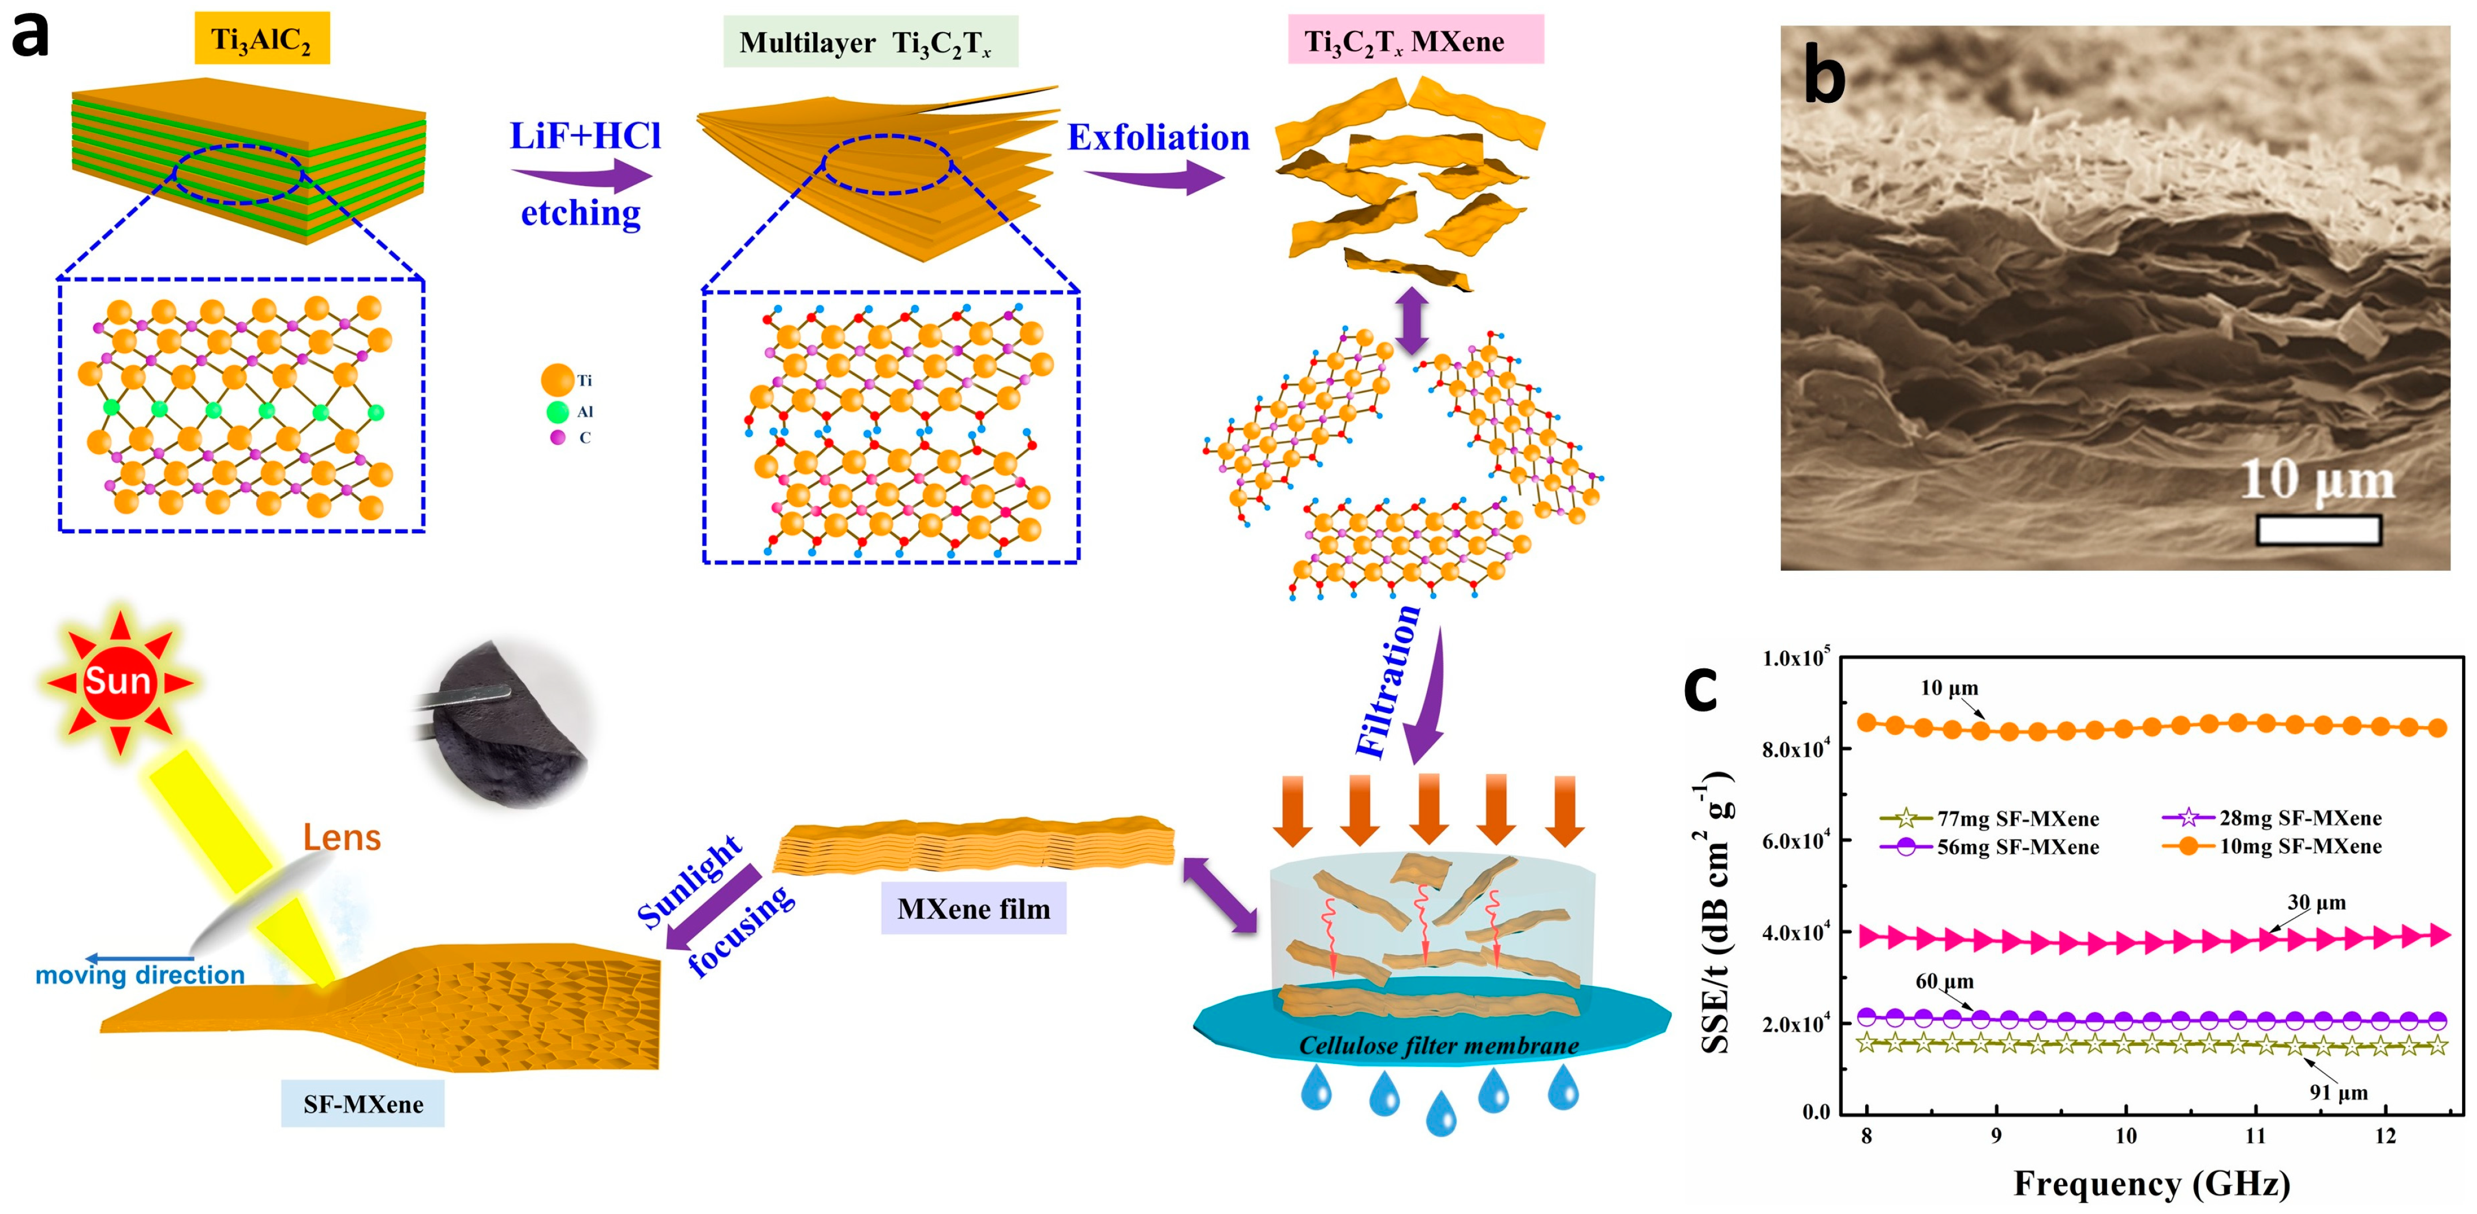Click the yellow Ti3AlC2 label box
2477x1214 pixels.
tap(261, 39)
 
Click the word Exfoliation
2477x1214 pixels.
tap(1158, 137)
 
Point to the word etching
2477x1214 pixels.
tap(581, 212)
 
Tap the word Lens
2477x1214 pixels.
tap(341, 837)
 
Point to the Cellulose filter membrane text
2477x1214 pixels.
tap(1438, 1045)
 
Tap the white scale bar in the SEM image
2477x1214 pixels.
tap(2317, 530)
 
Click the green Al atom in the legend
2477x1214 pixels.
tap(557, 412)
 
